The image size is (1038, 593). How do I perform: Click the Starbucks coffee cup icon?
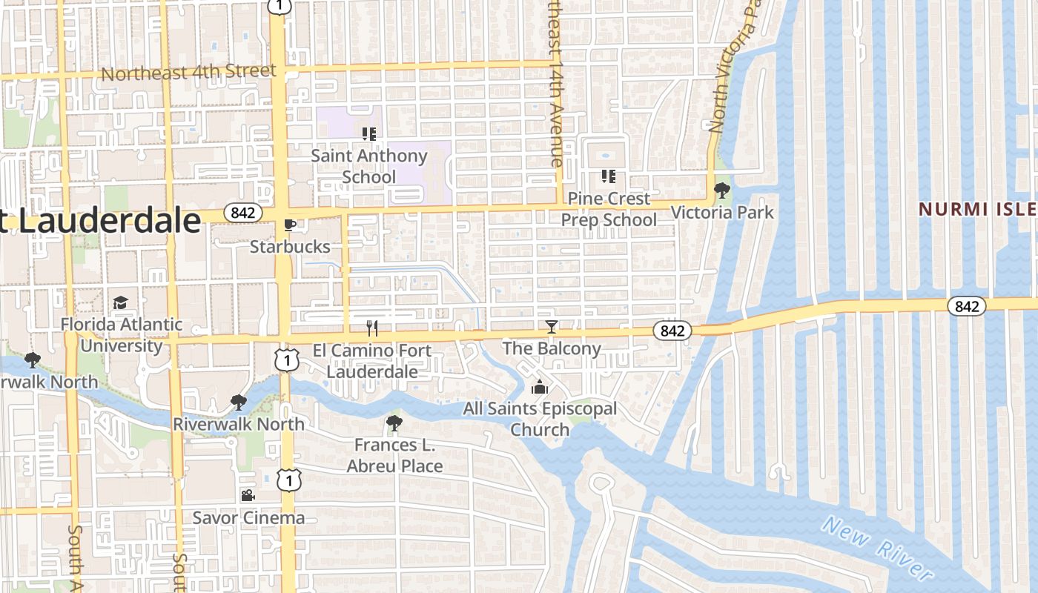tap(290, 225)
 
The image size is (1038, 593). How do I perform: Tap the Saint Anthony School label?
tap(368, 167)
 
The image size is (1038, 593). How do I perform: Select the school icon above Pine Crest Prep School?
tap(608, 176)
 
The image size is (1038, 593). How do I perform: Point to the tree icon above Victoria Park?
tap(721, 191)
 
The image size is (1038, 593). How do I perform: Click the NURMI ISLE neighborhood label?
tap(978, 210)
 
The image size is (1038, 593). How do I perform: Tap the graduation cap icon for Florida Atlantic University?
tap(120, 302)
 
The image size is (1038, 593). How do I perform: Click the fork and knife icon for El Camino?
tap(372, 328)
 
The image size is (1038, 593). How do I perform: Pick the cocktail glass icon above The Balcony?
tap(551, 327)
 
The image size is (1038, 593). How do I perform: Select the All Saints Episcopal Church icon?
tap(539, 387)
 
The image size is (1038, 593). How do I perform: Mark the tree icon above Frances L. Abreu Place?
tap(394, 423)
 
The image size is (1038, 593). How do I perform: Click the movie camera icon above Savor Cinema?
tap(248, 495)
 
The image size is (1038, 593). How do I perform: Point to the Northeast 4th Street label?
tap(188, 73)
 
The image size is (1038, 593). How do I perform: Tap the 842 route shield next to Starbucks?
tap(242, 213)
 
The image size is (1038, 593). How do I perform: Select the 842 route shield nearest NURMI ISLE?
tap(967, 306)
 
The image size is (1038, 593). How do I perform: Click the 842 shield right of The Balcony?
tap(672, 331)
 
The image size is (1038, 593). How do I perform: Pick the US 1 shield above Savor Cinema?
tap(288, 480)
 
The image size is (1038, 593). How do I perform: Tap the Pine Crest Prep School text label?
tap(609, 210)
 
